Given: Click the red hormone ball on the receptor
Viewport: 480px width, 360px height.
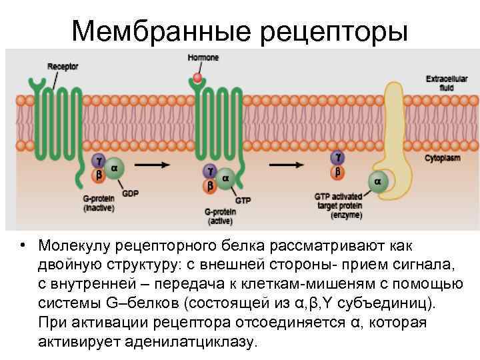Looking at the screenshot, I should [197, 78].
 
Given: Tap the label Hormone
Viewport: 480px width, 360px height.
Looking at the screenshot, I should [203, 58].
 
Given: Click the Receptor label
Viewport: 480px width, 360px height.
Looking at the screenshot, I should [63, 67].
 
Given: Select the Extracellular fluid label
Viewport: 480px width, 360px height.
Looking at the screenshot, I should [442, 83].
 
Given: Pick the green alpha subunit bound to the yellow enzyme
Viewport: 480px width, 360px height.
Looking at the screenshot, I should [378, 181].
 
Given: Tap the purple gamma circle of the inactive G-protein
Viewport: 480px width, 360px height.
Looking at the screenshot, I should [100, 161].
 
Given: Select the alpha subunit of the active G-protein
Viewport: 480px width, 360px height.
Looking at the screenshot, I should [225, 178].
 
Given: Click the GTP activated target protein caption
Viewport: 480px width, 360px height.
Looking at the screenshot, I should [338, 206].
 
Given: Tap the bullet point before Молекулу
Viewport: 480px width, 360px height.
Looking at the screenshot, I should [23, 245].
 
